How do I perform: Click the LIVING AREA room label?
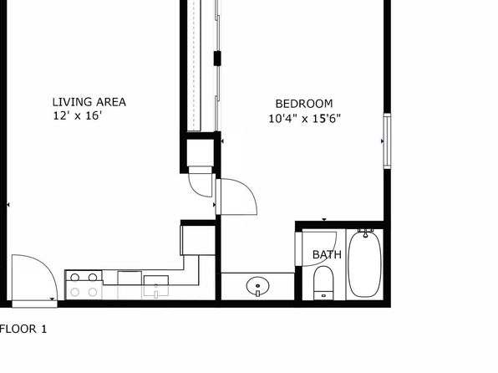pos(89,102)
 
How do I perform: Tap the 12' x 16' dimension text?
pos(77,115)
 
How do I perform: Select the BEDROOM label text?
pos(304,104)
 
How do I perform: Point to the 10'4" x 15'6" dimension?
pos(305,119)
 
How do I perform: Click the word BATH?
pos(327,254)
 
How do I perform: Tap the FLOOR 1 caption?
pos(23,329)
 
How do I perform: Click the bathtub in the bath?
pos(364,263)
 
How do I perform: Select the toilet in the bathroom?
pos(323,283)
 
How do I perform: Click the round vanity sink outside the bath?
pos(257,286)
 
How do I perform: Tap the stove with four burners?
pos(84,284)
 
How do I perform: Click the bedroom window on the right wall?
pos(387,141)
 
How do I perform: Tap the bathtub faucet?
pos(365,233)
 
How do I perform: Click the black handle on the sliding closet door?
pos(217,59)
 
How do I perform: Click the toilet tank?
pos(323,295)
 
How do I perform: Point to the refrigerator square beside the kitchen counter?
pos(197,240)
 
